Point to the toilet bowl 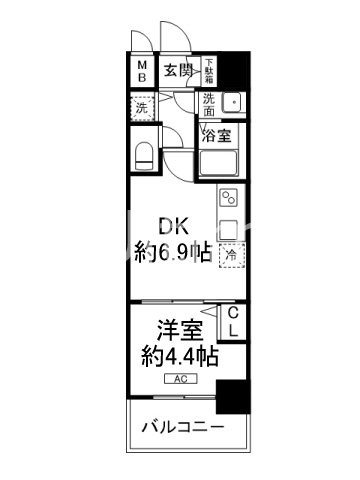[x=142, y=155]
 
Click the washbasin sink [x=232, y=102]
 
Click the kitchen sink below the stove [x=228, y=226]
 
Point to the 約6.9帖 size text [x=173, y=254]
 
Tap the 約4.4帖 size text [x=173, y=356]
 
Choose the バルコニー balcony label [x=180, y=428]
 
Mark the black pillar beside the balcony [x=233, y=397]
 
